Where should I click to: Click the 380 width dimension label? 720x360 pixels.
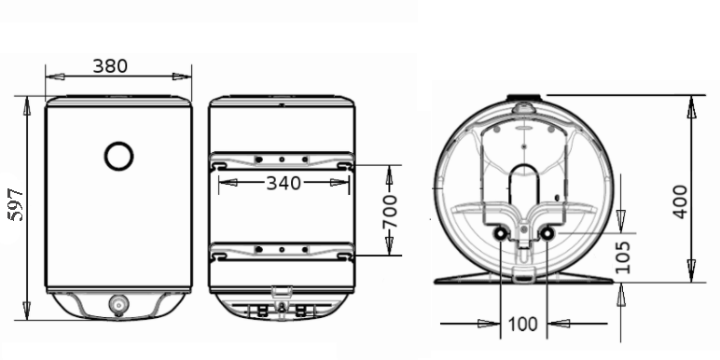(x=110, y=66)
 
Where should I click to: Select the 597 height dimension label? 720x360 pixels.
(x=17, y=204)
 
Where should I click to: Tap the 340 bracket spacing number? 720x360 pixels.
(x=284, y=183)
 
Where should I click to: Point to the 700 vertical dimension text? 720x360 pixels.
(x=390, y=211)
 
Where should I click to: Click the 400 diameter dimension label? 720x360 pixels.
(x=680, y=201)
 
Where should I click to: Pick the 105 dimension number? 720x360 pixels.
(x=622, y=257)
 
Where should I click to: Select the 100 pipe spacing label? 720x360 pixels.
(x=523, y=325)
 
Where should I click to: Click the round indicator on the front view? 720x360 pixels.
(x=119, y=156)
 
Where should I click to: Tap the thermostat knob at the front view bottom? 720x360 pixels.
(x=118, y=305)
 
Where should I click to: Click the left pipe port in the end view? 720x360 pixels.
(x=500, y=234)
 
